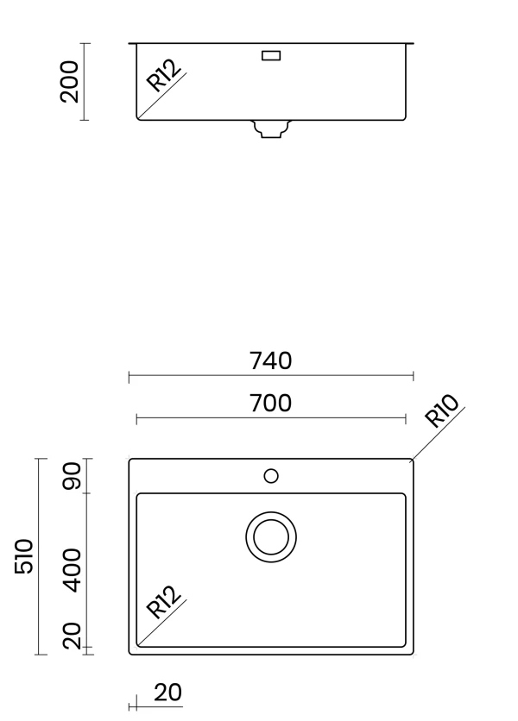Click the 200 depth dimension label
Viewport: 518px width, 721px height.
point(70,81)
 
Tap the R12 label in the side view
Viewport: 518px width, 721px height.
point(164,76)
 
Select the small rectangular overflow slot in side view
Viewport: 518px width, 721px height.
point(271,56)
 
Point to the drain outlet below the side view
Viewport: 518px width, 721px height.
point(271,129)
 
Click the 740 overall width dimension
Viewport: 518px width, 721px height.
point(271,360)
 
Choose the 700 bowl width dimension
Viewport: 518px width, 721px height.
point(271,404)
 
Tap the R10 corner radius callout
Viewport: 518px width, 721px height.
point(441,411)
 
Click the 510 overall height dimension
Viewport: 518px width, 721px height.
point(24,556)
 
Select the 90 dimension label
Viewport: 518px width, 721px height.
point(73,476)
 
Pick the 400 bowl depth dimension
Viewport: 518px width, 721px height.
point(73,570)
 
